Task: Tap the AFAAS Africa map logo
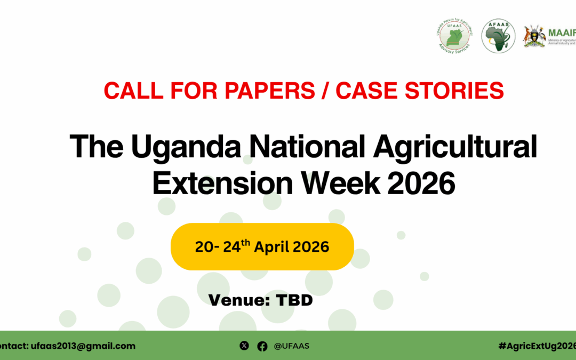(x=498, y=36)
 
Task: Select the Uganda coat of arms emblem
(x=534, y=36)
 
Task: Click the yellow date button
(x=262, y=247)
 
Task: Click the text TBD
(x=294, y=300)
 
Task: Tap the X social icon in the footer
(x=244, y=346)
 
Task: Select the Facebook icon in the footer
(x=262, y=346)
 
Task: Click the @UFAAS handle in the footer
(x=291, y=346)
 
